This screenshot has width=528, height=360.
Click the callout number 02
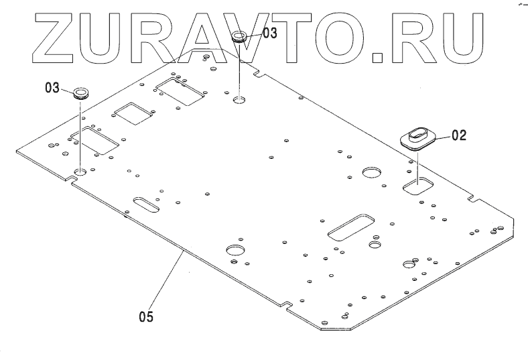(458, 135)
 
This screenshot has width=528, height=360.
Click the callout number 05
(146, 316)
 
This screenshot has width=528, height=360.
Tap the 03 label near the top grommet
(269, 32)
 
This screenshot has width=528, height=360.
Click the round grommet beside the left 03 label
(81, 92)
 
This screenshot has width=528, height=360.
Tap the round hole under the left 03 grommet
(80, 172)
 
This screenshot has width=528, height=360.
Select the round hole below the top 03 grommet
(240, 100)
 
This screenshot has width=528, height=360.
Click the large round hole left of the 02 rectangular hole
(371, 173)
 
